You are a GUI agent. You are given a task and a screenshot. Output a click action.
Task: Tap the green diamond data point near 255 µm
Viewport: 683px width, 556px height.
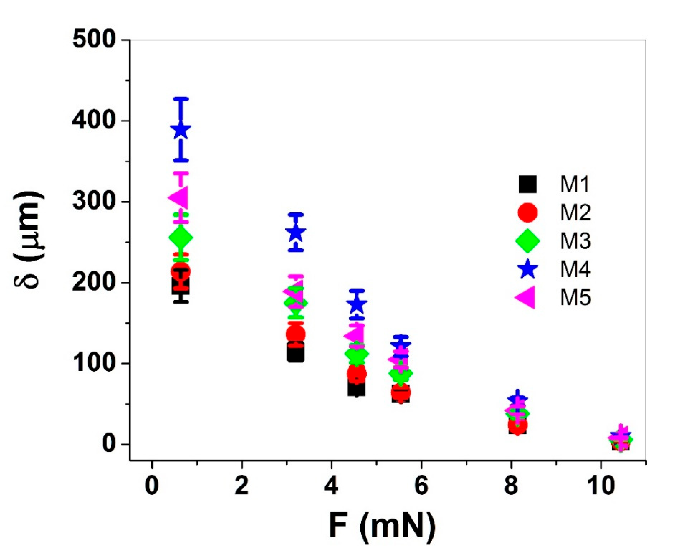[x=181, y=237]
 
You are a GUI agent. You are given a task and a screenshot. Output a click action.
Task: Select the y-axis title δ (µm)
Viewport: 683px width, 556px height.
[x=30, y=240]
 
